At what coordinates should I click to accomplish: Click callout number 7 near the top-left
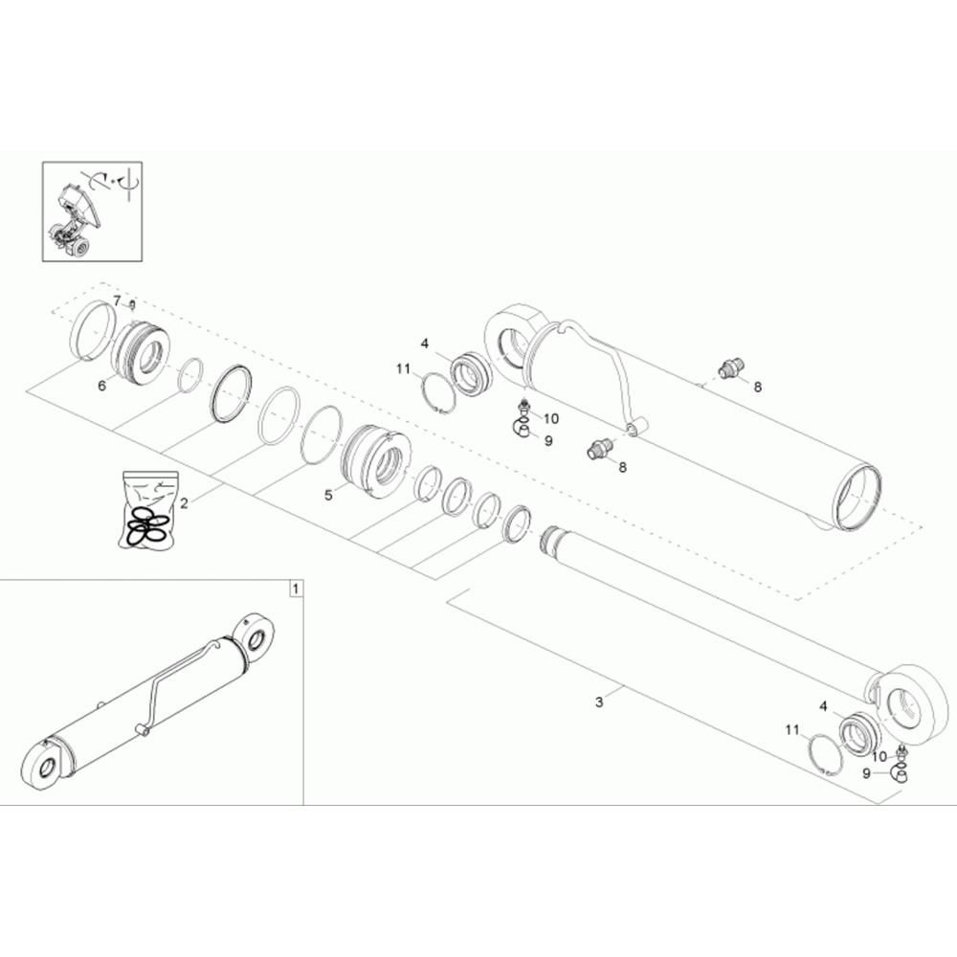click(117, 300)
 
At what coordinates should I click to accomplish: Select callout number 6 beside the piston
click(102, 386)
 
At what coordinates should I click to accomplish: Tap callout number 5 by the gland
click(328, 495)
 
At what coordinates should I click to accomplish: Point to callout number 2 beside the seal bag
click(185, 503)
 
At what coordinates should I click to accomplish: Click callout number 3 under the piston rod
click(599, 701)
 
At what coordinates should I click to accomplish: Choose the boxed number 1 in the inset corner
click(296, 590)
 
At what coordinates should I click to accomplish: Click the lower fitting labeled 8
click(599, 450)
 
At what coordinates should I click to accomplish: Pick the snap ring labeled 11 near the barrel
click(439, 393)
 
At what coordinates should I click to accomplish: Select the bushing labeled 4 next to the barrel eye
click(471, 373)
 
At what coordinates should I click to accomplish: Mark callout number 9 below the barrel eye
click(548, 440)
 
